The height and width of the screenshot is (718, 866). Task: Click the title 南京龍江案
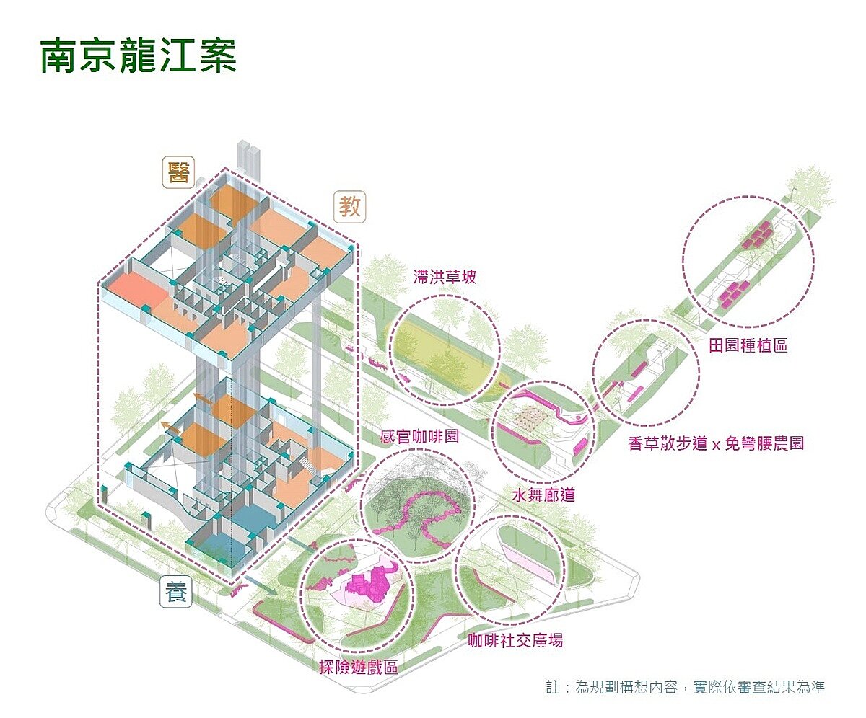(x=138, y=56)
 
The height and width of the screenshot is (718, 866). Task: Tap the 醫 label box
(x=177, y=174)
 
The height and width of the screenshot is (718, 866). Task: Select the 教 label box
(x=351, y=208)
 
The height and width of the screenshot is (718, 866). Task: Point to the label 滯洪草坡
(x=445, y=276)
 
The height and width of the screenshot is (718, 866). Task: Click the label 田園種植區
(x=748, y=345)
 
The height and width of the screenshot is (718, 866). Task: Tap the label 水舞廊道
(x=543, y=496)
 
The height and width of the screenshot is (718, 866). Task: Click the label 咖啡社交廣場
(x=515, y=640)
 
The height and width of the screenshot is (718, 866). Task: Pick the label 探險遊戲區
(x=359, y=667)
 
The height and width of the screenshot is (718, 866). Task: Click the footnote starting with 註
(x=685, y=687)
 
